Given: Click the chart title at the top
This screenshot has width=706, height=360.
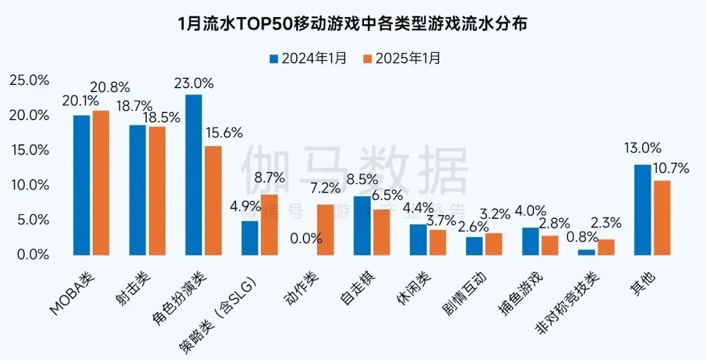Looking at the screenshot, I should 353,24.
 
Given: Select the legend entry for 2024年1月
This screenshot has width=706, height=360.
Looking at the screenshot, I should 308,58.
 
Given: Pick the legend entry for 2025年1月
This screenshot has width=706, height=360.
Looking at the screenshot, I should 401,58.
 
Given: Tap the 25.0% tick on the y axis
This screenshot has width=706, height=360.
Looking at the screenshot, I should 29,80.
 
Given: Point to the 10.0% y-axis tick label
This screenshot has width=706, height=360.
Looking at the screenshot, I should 29,185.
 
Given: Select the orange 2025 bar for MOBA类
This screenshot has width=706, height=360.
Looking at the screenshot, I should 101,182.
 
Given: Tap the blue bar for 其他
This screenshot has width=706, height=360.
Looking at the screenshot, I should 643,210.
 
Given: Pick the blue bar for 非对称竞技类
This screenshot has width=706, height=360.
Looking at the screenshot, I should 586,252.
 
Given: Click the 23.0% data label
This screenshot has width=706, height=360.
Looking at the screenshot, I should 193,83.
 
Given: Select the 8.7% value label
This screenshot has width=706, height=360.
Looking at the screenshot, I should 269,178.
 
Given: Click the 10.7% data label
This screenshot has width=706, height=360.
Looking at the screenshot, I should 671,169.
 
